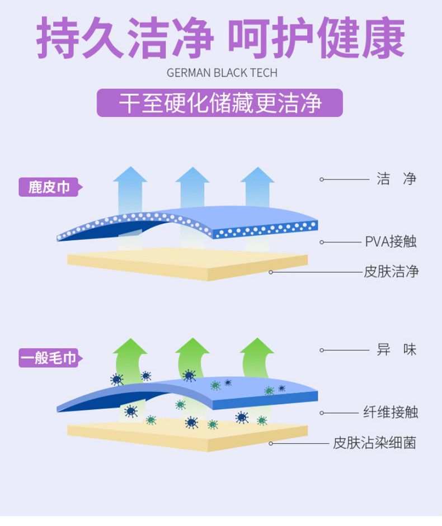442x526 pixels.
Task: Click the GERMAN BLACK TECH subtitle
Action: click(222, 73)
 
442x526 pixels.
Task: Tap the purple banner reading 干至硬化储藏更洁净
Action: click(219, 103)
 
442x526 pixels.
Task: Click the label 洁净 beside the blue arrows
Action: click(396, 179)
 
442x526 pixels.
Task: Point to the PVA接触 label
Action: click(391, 242)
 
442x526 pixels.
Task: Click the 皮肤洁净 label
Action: click(391, 272)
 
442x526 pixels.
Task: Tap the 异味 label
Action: click(396, 350)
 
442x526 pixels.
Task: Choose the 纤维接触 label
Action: click(391, 413)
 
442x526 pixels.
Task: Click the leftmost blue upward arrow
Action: click(129, 187)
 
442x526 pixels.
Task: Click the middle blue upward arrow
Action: click(192, 187)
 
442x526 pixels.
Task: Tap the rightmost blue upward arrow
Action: click(257, 187)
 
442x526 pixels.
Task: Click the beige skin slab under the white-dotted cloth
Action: click(187, 265)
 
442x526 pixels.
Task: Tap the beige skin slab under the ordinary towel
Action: click(187, 437)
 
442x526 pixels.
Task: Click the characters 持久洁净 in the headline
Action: click(125, 39)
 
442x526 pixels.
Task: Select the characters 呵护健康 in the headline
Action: click(316, 39)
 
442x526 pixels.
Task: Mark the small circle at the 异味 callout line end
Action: click(322, 350)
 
